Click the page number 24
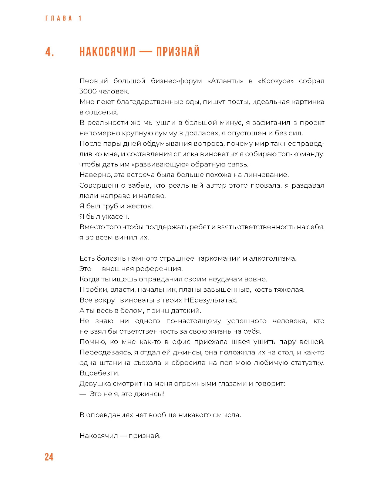click(x=49, y=457)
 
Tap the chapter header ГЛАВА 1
click(x=63, y=18)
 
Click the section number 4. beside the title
click(x=50, y=52)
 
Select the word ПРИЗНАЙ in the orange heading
click(x=178, y=52)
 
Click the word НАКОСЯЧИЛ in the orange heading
click(x=108, y=52)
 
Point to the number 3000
click(x=88, y=91)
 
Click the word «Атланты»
click(x=225, y=81)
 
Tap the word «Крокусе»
click(x=276, y=81)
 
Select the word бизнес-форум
click(x=176, y=81)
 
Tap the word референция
click(x=159, y=269)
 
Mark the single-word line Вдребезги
click(x=99, y=373)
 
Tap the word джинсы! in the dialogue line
click(x=151, y=394)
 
